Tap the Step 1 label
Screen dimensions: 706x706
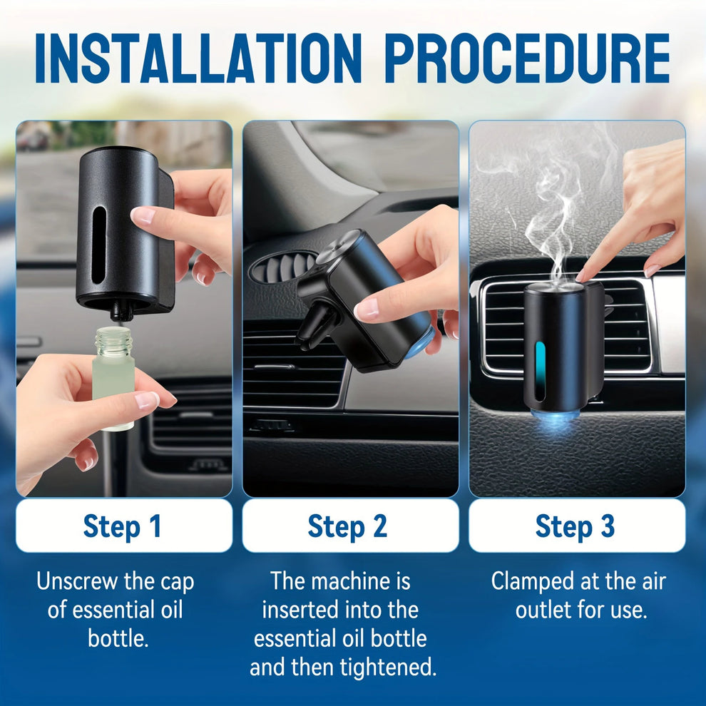click(123, 526)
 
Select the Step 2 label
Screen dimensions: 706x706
click(347, 526)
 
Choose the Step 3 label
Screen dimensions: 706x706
click(575, 526)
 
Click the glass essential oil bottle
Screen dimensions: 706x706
click(113, 378)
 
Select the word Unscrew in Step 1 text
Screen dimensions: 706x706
click(76, 581)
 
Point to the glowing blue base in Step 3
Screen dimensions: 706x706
click(553, 421)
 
